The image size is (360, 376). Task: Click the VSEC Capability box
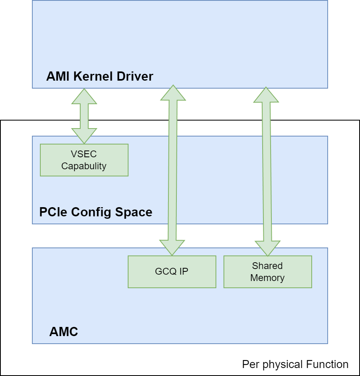(x=84, y=160)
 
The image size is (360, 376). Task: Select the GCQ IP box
(x=172, y=271)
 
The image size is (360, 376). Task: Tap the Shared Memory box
(x=267, y=271)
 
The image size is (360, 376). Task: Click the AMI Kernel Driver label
(x=100, y=76)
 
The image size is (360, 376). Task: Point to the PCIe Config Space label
(x=96, y=212)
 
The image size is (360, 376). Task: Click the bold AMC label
(x=63, y=332)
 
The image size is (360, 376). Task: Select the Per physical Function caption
(x=295, y=364)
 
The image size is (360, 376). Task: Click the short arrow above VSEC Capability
(x=84, y=116)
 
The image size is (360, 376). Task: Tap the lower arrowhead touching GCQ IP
(x=172, y=247)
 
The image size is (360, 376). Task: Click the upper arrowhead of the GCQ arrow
(x=172, y=93)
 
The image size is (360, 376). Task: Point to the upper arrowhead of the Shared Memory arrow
(x=266, y=94)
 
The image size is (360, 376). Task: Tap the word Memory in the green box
(x=267, y=278)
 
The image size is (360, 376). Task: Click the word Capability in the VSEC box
(x=84, y=166)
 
